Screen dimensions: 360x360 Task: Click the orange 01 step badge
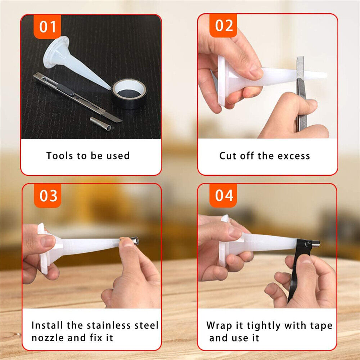click(x=47, y=26)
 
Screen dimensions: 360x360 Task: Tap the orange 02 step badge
click(x=223, y=25)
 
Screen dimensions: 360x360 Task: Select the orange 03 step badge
click(x=48, y=195)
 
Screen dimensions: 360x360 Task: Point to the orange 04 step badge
click(x=223, y=195)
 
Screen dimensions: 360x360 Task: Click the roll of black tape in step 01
click(x=129, y=94)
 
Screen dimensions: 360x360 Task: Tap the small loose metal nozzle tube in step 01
click(x=100, y=123)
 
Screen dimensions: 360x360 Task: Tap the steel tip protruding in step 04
click(x=316, y=243)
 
